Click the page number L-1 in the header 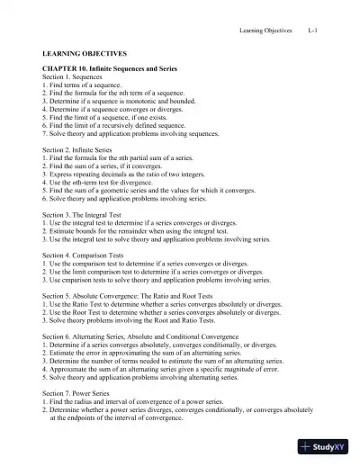point(312,31)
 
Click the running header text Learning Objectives point(265,31)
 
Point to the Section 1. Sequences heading point(76,77)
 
